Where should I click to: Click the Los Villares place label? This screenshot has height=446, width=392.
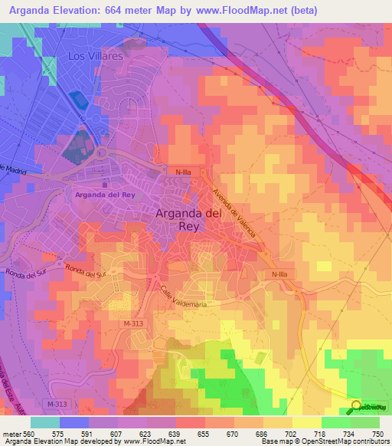(x=96, y=57)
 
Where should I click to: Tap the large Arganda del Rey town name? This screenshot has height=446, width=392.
(x=189, y=221)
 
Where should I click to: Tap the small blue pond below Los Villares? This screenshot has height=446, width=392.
(x=78, y=100)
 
